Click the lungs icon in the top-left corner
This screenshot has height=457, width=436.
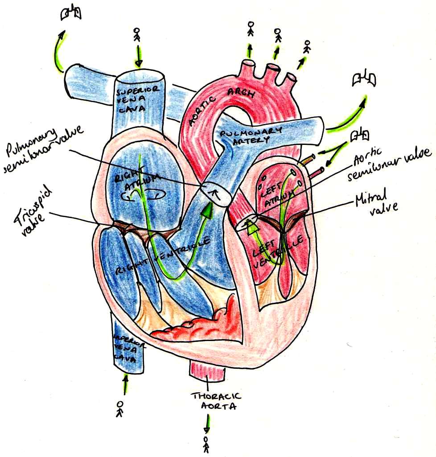[x=71, y=15]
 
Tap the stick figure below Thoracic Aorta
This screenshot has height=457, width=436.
[x=206, y=444]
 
